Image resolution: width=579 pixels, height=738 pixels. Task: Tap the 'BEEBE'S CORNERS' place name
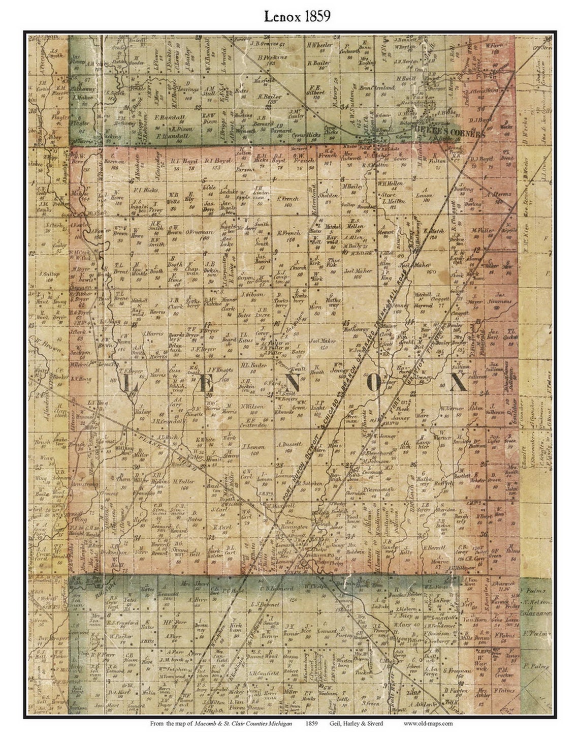coord(457,134)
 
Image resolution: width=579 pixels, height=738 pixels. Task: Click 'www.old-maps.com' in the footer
coord(428,723)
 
